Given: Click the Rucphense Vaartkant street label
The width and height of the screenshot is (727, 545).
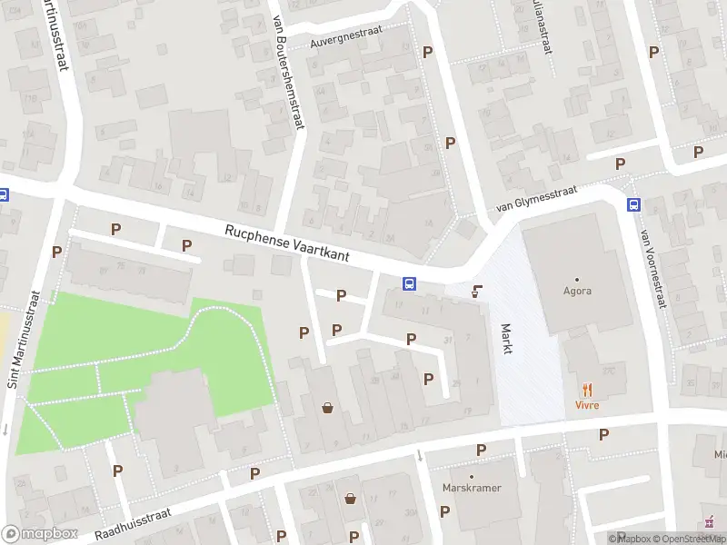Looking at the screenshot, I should (301, 246).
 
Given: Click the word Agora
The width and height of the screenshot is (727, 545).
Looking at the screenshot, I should (576, 292).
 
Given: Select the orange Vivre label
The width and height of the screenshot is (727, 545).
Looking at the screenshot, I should (588, 404).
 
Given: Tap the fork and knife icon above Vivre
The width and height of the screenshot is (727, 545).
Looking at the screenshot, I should (588, 389).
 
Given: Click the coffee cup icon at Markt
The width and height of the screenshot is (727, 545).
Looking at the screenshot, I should (477, 292).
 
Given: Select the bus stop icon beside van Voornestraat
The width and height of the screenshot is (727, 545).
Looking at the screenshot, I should (632, 205).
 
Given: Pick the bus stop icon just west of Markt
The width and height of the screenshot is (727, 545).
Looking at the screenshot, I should (410, 283).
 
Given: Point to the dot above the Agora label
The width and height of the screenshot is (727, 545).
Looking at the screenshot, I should (576, 279).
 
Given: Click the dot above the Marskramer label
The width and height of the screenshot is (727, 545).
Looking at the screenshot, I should (472, 477).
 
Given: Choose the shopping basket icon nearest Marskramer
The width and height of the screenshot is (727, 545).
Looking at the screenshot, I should (351, 498).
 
